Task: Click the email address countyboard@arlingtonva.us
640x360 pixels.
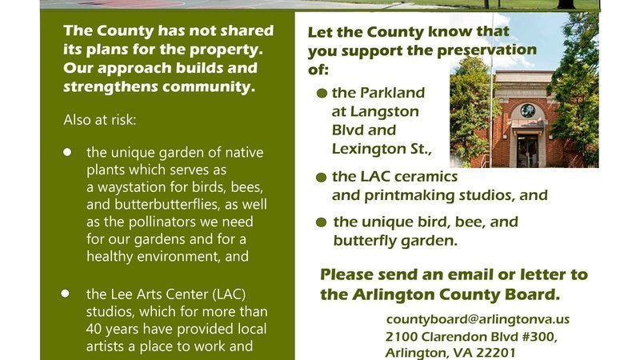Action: point(478,319)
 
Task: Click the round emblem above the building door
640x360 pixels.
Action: point(527,110)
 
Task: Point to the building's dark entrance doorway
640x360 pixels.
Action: point(527,150)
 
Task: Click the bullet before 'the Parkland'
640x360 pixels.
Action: point(322,94)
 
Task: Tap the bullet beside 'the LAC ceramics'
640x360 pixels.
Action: point(322,178)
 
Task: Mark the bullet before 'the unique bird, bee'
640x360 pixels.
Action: point(322,222)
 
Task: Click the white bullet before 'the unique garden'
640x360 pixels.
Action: point(67,152)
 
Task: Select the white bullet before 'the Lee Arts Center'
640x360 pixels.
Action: point(66,294)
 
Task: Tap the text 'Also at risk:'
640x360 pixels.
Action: point(99,120)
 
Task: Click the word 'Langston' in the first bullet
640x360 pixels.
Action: point(385,112)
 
